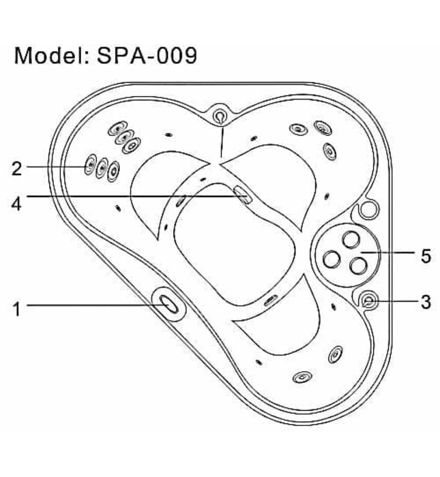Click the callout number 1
[x=17, y=309]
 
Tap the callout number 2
[x=17, y=168]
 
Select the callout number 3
[x=426, y=302]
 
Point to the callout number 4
[x=16, y=204]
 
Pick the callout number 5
[x=426, y=256]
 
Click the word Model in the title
[x=48, y=55]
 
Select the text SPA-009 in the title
[x=147, y=55]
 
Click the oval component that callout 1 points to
[x=168, y=304]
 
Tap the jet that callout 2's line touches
[x=91, y=164]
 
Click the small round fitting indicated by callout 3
[x=369, y=301]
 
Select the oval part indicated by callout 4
[x=242, y=195]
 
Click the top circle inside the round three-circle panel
[x=351, y=240]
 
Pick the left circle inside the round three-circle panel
[x=332, y=259]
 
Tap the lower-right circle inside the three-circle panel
[x=358, y=265]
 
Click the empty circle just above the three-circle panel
[x=369, y=209]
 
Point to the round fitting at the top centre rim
[x=220, y=116]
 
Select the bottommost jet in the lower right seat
[x=302, y=378]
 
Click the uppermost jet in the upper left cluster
[x=118, y=129]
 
